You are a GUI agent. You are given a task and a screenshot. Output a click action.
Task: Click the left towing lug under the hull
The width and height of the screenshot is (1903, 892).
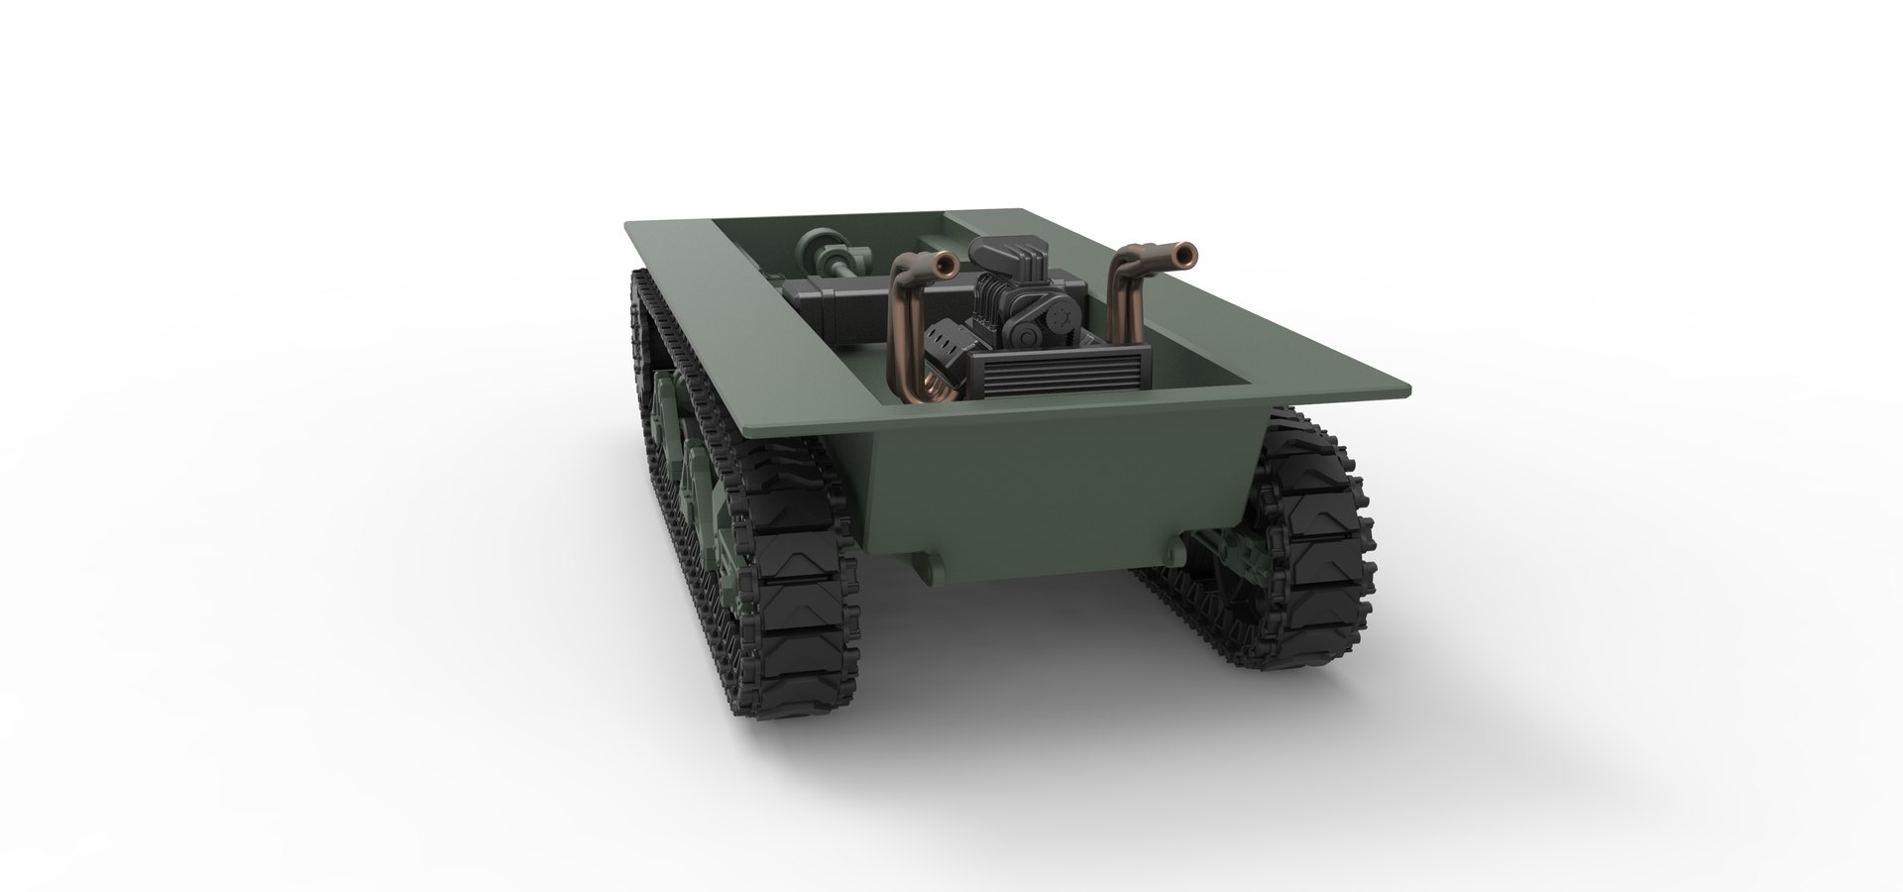pyautogui.click(x=931, y=568)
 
